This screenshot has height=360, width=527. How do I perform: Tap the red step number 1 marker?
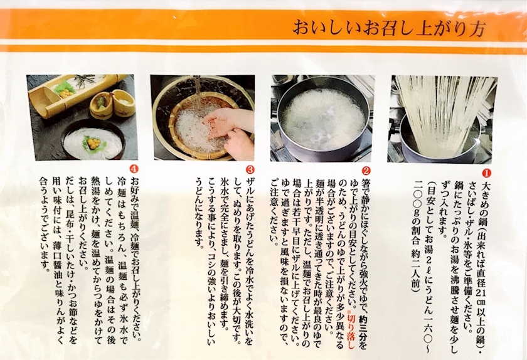click(486, 172)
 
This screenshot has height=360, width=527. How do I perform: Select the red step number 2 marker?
click(366, 171)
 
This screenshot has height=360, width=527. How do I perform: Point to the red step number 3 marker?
click(250, 169)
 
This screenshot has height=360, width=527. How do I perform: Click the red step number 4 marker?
click(134, 168)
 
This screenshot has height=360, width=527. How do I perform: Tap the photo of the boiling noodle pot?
click(322, 119)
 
